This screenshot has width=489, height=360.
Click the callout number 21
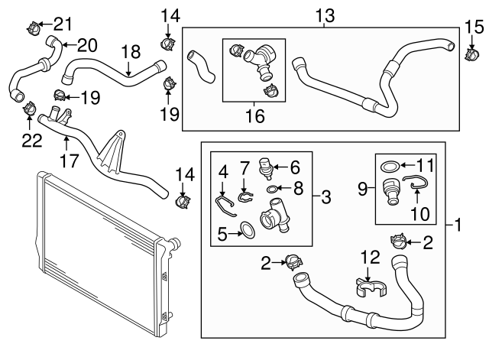[62, 22]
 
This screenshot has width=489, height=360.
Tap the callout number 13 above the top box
[324, 15]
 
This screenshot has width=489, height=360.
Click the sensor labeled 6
[272, 189]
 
